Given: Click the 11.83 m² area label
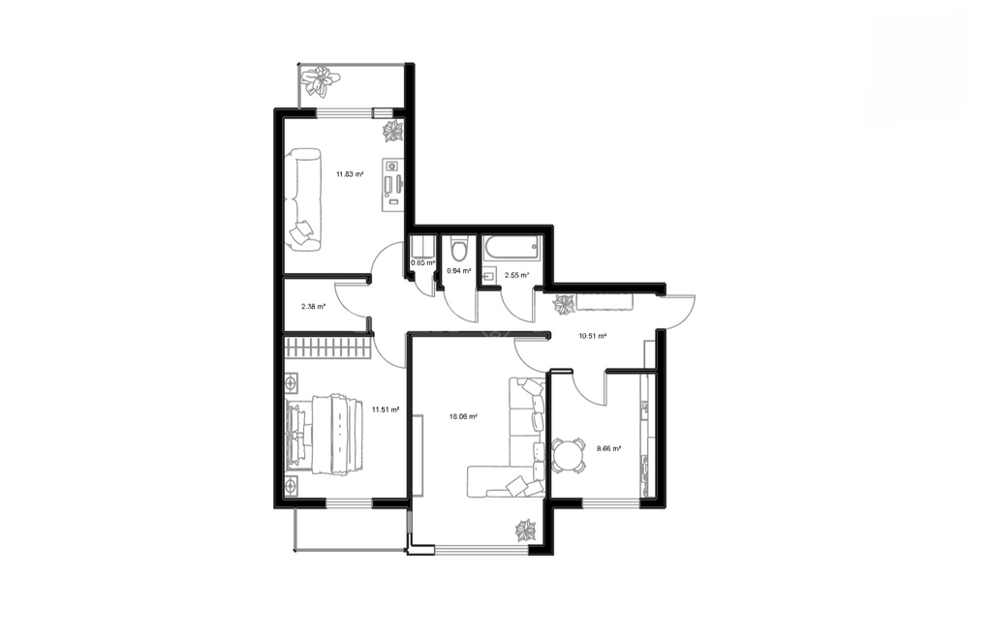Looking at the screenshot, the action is click(349, 174).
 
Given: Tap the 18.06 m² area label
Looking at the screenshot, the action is click(463, 416).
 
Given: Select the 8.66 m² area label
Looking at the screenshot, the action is click(608, 448).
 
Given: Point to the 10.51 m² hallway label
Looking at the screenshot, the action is click(593, 336).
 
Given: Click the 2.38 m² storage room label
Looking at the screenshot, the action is click(313, 307).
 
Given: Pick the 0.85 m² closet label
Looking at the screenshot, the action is click(422, 262).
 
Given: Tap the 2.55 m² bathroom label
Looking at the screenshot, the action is click(517, 275).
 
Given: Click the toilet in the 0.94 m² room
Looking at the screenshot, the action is click(458, 249).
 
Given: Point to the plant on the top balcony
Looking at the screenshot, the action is click(322, 80).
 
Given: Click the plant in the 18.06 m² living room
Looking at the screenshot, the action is click(526, 531).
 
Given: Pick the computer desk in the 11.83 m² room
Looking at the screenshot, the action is click(392, 183).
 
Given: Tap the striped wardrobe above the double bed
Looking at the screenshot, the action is click(326, 348).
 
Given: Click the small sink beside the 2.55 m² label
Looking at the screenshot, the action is click(488, 276).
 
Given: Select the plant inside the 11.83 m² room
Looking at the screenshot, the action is click(392, 131).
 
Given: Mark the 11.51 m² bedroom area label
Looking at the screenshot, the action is click(386, 410).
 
